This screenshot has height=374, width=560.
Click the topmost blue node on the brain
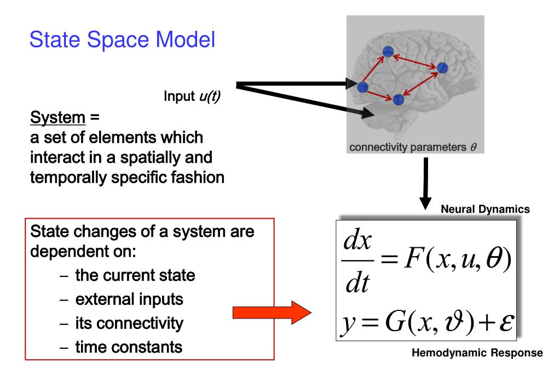pyautogui.click(x=388, y=52)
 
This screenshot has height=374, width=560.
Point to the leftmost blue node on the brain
pyautogui.click(x=362, y=87)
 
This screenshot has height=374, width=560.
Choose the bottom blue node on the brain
pyautogui.click(x=399, y=99)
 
